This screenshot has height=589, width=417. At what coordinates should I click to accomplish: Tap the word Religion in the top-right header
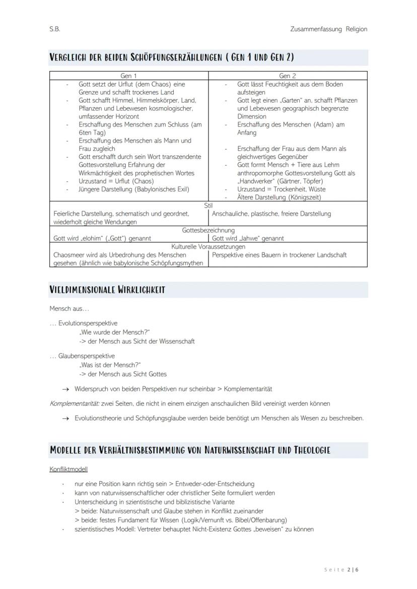coord(357,29)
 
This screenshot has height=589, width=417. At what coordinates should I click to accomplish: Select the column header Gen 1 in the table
coord(129,76)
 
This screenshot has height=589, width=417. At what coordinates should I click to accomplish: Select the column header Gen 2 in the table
coord(288,76)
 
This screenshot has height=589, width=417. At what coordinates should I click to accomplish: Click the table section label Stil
coord(208,206)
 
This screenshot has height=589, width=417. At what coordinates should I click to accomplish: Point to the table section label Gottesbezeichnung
coord(208,230)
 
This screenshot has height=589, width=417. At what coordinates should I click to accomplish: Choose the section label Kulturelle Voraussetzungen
coord(208,247)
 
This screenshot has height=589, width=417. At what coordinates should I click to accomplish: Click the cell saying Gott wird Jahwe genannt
coord(248,238)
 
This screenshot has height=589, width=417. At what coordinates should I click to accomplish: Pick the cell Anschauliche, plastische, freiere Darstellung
coord(271,214)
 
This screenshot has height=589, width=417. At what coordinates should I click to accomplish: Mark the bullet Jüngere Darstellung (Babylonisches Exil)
coord(134,189)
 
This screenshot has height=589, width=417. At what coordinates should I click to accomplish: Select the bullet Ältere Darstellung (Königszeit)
coord(279,197)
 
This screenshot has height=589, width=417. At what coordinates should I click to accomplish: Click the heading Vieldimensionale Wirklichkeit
coord(107,290)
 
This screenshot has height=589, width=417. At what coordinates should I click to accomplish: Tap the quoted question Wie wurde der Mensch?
coord(114,332)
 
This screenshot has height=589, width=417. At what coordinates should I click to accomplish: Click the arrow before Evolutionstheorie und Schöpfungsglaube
coord(65,418)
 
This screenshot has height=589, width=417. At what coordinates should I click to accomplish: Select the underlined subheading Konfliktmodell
coord(68,469)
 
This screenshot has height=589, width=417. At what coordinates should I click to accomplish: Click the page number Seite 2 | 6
coord(341,570)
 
